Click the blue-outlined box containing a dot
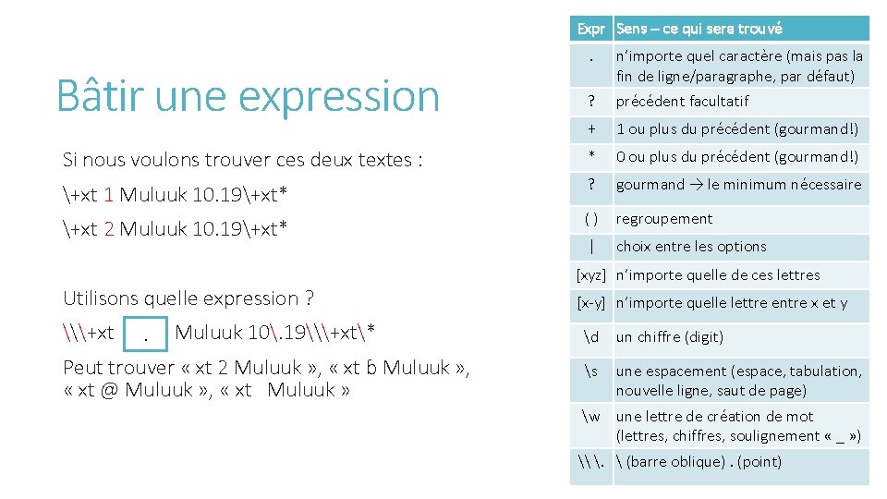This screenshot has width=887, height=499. tap(145, 334)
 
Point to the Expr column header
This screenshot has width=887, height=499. tap(590, 29)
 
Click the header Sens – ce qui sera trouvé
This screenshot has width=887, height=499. tap(699, 29)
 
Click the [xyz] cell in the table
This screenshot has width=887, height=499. tap(590, 274)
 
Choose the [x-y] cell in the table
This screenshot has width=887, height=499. tap(590, 302)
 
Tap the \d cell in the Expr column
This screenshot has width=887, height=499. tap(590, 336)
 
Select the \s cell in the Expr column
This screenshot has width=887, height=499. tap(590, 371)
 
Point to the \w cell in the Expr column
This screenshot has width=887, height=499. tap(590, 417)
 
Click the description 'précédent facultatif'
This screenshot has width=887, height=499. tap(682, 101)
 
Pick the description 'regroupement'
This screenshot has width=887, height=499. tap(664, 219)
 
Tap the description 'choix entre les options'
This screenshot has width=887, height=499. tap(691, 247)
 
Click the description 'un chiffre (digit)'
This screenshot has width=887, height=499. tap(670, 336)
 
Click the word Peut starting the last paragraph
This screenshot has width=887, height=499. tap(83, 369)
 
